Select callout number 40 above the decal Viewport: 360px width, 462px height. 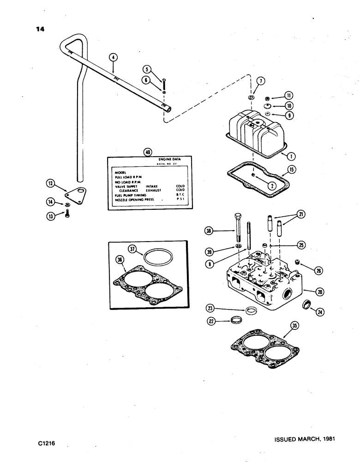[x=148, y=152]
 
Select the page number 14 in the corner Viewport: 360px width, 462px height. [x=40, y=30]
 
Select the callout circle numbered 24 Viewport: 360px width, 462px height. [x=319, y=312]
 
